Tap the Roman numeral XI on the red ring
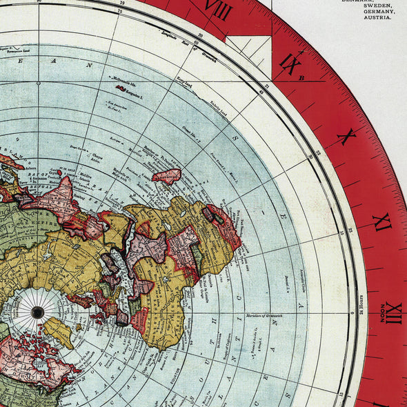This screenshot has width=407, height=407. coord(381,223)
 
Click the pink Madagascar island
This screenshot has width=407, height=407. coord(166,176)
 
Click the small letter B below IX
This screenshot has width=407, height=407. coord(301,78)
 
